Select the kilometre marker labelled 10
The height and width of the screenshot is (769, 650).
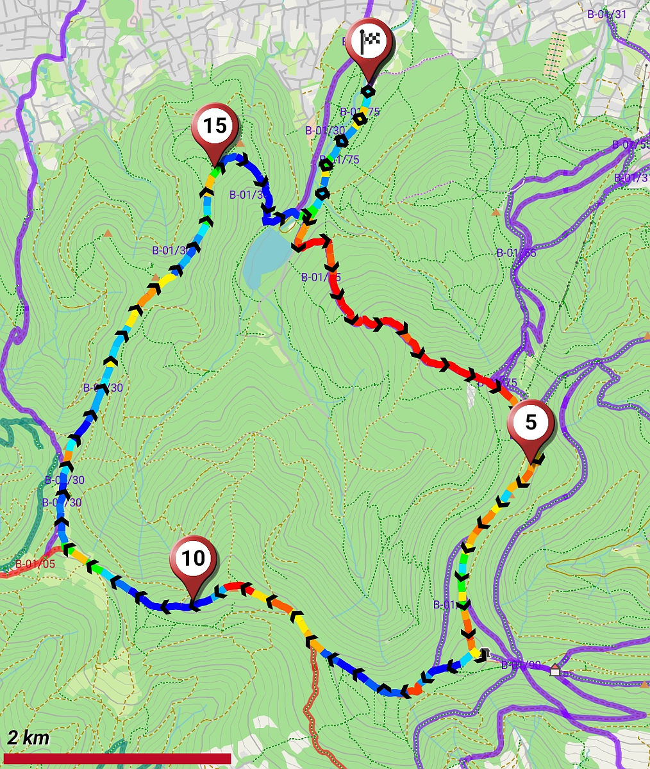coord(193,559)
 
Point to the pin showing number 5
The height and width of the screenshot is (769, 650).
coord(531,423)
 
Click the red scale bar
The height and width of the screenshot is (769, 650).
coord(117,759)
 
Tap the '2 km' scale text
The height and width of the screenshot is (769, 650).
coord(28,737)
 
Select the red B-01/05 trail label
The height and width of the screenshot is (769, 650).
coord(35,565)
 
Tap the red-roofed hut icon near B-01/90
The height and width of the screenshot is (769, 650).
coord(555,670)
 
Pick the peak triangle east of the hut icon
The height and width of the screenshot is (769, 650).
coord(644,684)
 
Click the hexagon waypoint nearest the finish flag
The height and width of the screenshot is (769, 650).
coord(367,92)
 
